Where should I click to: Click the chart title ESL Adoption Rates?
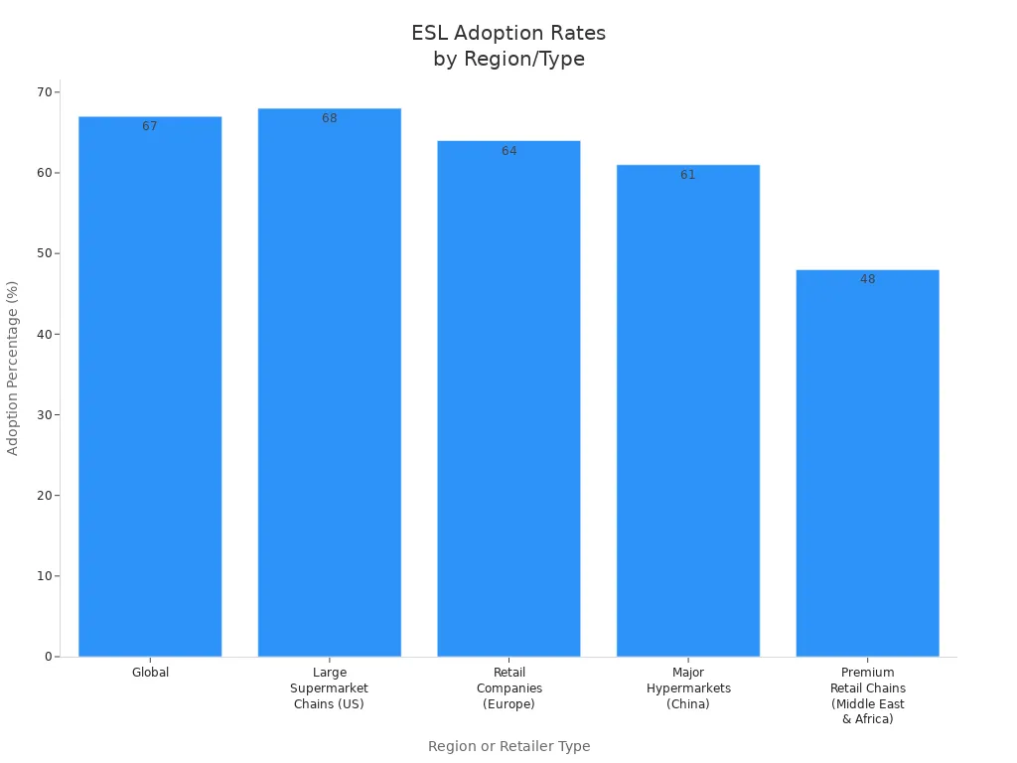pos(508,46)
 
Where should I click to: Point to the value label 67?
pos(150,127)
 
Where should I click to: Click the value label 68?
pos(329,119)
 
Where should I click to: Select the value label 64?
pos(508,151)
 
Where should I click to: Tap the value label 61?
pos(687,175)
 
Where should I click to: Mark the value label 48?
pos(867,280)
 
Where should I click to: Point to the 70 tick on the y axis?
pos(44,92)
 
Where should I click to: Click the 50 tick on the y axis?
pos(44,253)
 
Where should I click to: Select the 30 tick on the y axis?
pos(44,414)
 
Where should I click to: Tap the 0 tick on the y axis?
pos(48,657)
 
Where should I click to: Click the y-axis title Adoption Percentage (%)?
pos(13,368)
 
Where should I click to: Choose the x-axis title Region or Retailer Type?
pos(508,746)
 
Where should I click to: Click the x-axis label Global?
pos(150,673)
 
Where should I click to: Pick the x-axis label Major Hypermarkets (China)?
pos(687,688)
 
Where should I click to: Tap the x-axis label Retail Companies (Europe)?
pos(508,688)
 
